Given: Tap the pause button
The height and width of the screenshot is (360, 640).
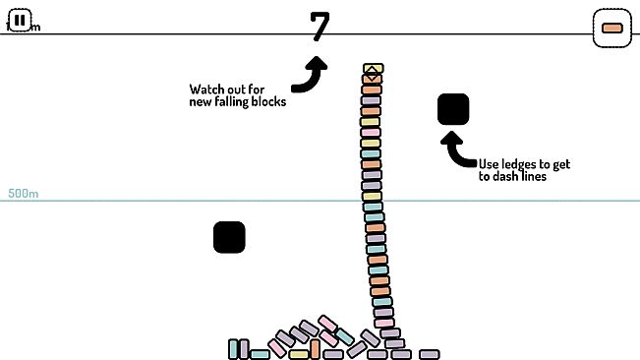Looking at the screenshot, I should click(x=20, y=20).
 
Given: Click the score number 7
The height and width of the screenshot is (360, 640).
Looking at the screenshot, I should click(x=320, y=27).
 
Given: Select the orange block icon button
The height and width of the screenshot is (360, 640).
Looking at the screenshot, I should click(x=611, y=28).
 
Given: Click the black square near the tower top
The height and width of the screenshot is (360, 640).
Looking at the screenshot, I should click(x=453, y=109).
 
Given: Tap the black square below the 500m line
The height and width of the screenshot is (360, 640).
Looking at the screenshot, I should click(x=229, y=237).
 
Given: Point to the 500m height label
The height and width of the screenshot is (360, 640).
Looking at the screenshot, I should click(x=23, y=194).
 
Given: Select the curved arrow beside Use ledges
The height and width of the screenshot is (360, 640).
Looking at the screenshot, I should click(x=457, y=150).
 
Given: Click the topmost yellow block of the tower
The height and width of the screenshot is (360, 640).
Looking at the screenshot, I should click(x=372, y=71).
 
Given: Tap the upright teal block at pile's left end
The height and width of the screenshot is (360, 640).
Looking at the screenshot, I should click(x=233, y=348).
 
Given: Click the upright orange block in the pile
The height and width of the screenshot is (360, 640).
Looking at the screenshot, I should click(x=315, y=347).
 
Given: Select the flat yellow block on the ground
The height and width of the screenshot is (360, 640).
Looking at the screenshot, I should click(x=299, y=354).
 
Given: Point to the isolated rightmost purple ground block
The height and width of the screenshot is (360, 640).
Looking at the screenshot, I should click(x=429, y=354).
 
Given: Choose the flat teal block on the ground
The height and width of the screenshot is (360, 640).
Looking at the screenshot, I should click(x=260, y=354).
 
